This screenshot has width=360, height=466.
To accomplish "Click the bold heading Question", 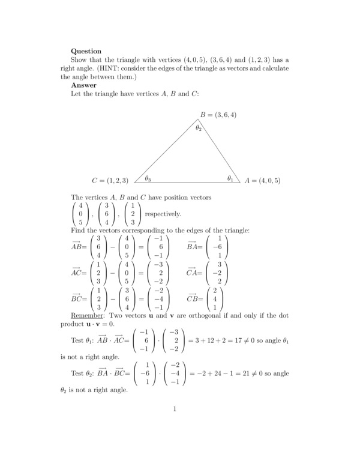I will click(86, 51).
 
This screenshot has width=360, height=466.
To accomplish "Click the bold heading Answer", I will click(83, 85).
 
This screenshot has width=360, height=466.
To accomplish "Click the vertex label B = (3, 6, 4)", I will click(218, 114).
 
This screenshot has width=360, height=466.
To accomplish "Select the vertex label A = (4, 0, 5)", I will click(262, 180).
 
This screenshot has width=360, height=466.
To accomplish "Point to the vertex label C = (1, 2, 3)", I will click(110, 180).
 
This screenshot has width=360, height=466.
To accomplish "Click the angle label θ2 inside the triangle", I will click(199, 127).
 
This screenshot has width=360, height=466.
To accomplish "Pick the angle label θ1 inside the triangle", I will click(230, 178).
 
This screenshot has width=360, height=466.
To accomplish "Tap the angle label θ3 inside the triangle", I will click(148, 178).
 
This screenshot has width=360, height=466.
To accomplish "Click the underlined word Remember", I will click(87, 315).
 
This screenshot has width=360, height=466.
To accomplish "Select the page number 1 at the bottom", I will click(175, 410).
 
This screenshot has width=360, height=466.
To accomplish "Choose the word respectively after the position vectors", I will click(163, 214).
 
